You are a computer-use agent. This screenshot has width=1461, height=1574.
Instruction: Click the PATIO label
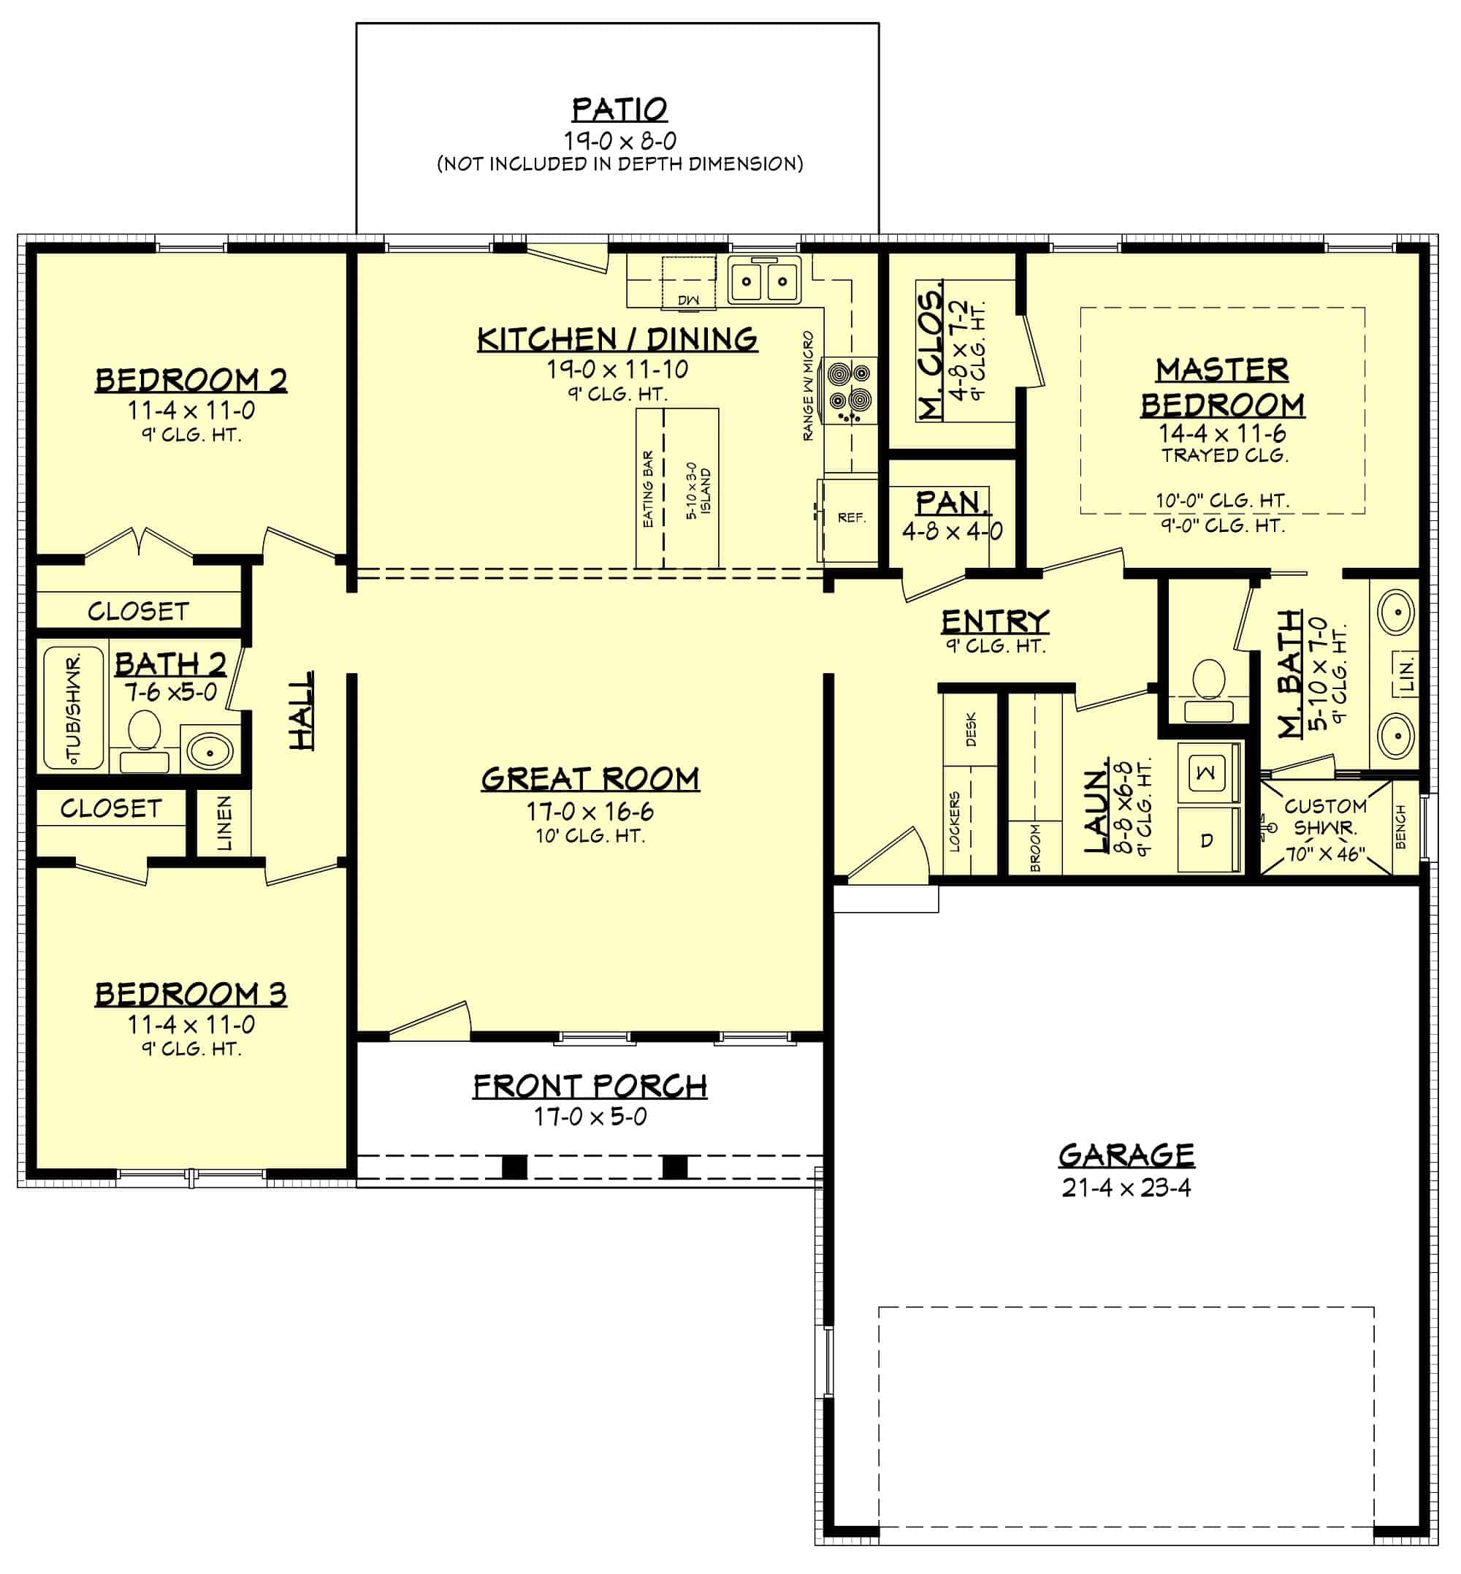click(619, 109)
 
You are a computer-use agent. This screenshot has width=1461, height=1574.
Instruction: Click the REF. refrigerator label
click(852, 518)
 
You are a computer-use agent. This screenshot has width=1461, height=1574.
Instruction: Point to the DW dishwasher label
click(689, 300)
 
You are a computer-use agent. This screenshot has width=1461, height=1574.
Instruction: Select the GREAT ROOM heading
click(590, 779)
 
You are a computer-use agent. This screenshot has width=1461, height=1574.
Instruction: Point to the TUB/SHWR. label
click(74, 708)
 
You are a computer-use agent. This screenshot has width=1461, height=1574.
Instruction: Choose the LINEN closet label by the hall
click(225, 824)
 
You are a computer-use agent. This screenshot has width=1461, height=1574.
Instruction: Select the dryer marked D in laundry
click(1207, 840)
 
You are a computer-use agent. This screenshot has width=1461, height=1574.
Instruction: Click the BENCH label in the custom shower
click(1401, 827)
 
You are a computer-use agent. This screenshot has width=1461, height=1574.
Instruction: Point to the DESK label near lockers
click(971, 729)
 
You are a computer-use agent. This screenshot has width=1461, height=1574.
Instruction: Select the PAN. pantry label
click(952, 502)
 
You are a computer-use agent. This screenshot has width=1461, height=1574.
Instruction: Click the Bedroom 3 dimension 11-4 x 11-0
click(191, 1025)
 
